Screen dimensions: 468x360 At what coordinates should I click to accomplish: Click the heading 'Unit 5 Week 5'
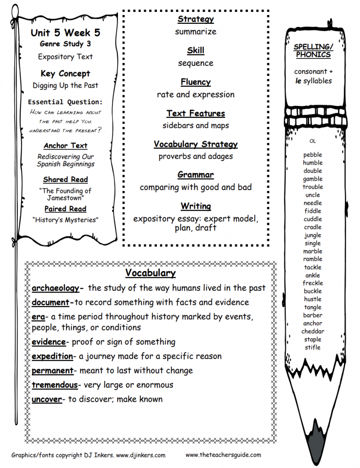(65, 33)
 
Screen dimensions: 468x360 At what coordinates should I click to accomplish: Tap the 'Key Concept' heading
(65, 74)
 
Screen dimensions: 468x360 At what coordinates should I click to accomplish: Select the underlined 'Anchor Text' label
(65, 146)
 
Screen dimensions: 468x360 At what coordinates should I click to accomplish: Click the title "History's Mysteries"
(65, 220)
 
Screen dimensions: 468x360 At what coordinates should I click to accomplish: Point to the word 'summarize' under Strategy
(196, 32)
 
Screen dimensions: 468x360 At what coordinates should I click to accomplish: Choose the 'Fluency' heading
(196, 82)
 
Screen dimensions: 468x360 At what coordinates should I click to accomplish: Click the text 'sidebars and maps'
(196, 125)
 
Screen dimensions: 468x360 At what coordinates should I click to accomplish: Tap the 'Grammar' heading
(196, 175)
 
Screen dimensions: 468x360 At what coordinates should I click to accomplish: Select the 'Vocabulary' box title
(150, 273)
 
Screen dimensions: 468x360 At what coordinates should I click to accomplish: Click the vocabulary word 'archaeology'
(56, 288)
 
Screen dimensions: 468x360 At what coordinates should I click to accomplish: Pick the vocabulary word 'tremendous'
(55, 385)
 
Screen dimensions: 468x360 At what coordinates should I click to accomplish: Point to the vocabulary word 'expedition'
(53, 356)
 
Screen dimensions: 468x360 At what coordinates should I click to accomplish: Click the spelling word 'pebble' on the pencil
(313, 155)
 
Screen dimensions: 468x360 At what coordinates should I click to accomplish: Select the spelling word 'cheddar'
(313, 331)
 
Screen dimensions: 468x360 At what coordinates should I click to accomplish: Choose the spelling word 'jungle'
(313, 235)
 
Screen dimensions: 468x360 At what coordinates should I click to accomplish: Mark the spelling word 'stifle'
(313, 347)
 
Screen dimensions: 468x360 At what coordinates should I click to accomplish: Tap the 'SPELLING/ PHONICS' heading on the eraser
(313, 51)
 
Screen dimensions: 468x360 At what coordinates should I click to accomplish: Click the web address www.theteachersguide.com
(223, 455)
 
